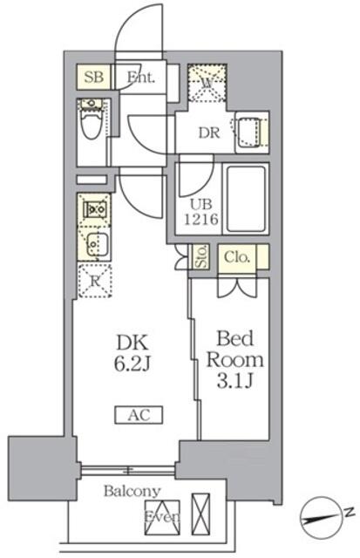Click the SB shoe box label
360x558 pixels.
click(x=94, y=77)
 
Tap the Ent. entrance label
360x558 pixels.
click(x=139, y=77)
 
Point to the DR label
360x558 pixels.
click(x=207, y=133)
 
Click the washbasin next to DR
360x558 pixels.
click(x=250, y=132)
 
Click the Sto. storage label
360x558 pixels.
click(x=200, y=258)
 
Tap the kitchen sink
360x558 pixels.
click(x=94, y=242)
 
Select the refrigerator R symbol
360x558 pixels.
click(x=94, y=281)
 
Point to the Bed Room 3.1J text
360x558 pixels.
click(x=232, y=357)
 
